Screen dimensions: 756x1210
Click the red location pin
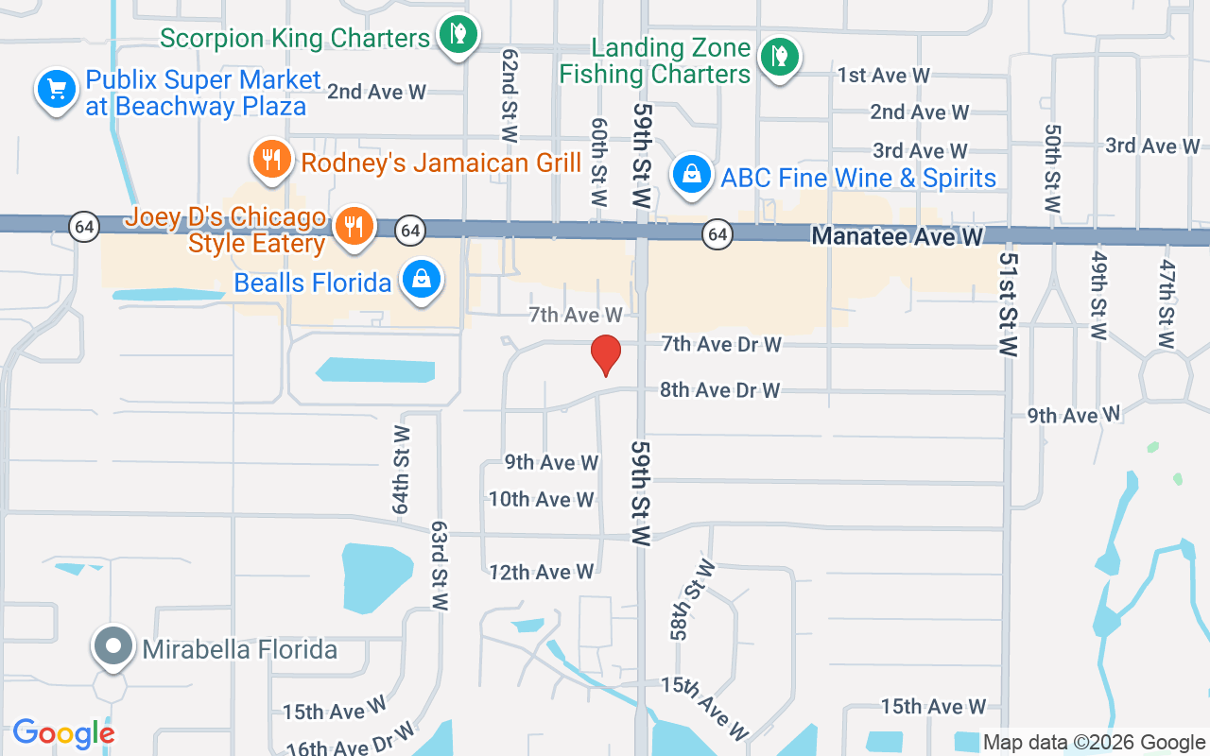pos(605,355)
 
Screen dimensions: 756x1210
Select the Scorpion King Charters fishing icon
pos(458,35)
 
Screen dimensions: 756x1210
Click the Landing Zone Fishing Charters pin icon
pos(779,57)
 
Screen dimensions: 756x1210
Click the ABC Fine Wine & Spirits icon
pos(692,175)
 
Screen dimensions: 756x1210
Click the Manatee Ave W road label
pos(897,236)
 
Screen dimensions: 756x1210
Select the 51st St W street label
pos(1009,304)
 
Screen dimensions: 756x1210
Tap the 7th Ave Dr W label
pos(721,344)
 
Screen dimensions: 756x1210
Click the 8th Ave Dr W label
pos(720,389)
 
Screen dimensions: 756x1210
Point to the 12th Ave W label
pos(541,572)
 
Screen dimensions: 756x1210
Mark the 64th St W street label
pos(402,470)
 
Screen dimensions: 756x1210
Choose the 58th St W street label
pos(693,599)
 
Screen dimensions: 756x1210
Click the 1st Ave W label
pos(884,76)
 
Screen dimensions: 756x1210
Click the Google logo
pos(63,733)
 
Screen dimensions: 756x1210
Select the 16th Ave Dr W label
pos(351,740)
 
